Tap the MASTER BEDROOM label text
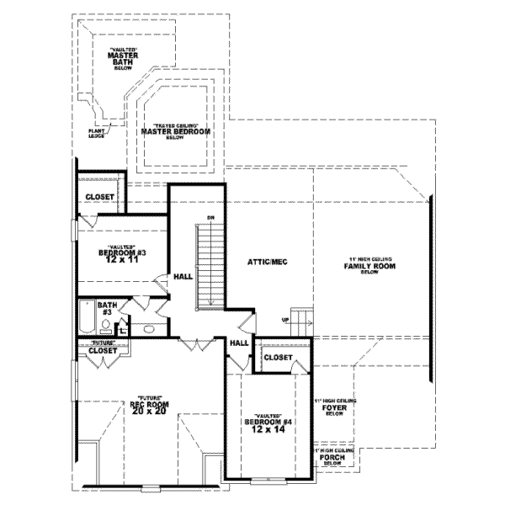[x=175, y=132]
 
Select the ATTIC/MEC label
[x=268, y=263]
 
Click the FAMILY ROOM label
[x=369, y=266]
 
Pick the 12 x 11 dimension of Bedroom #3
[x=122, y=261]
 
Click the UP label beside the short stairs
[x=285, y=321]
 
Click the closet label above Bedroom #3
[x=99, y=198]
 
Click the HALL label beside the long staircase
[x=183, y=276]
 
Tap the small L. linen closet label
[x=123, y=331]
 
